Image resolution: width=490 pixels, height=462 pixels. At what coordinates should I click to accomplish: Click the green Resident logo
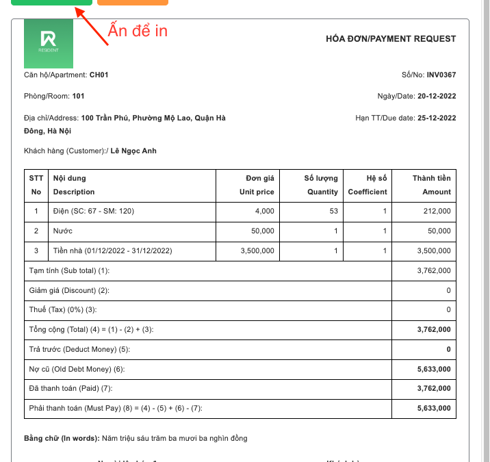pyautogui.click(x=49, y=43)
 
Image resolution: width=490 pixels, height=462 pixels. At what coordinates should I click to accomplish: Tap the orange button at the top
pyautogui.click(x=132, y=3)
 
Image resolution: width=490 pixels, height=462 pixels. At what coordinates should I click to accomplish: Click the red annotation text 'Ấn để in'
pyautogui.click(x=138, y=31)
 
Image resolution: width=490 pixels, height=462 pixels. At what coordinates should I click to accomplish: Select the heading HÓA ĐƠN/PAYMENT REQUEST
pyautogui.click(x=391, y=39)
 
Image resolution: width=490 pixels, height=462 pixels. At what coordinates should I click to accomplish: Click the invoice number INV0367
pyautogui.click(x=441, y=75)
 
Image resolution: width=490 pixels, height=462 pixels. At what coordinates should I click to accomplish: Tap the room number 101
pyautogui.click(x=79, y=96)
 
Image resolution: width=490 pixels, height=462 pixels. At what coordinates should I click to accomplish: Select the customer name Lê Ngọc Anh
pyautogui.click(x=133, y=151)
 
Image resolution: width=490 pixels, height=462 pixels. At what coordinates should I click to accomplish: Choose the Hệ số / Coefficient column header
pyautogui.click(x=367, y=185)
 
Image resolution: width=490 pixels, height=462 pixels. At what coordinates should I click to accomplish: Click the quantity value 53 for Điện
pyautogui.click(x=333, y=211)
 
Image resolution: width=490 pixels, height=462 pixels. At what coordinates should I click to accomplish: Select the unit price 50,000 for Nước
pyautogui.click(x=263, y=231)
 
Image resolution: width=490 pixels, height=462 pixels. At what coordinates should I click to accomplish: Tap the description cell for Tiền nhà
pyautogui.click(x=112, y=251)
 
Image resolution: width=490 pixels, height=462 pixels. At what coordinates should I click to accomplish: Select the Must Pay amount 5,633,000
pyautogui.click(x=434, y=409)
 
